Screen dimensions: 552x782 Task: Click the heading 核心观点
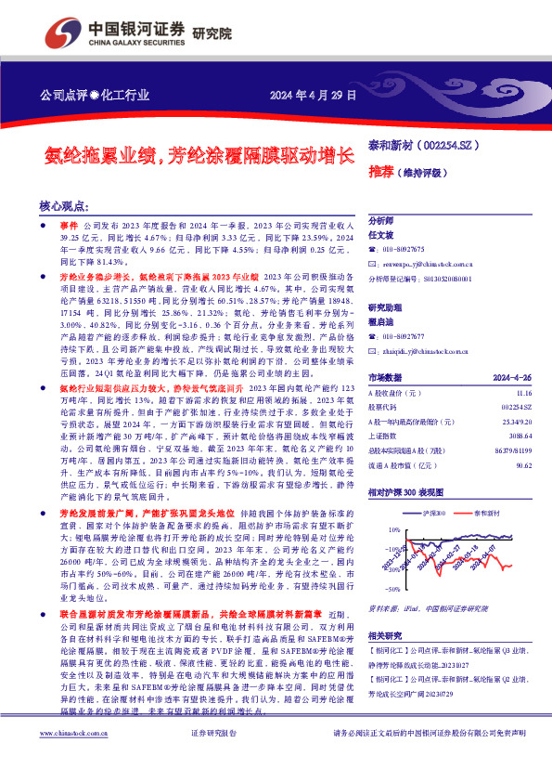tap(64, 206)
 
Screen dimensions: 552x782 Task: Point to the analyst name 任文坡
tap(381, 236)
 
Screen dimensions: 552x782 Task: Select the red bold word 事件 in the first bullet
tap(70, 226)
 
